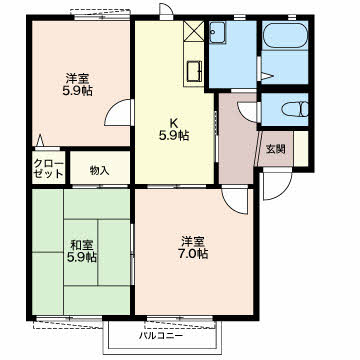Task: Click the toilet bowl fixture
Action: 295,109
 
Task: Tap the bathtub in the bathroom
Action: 285,36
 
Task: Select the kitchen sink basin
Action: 194,72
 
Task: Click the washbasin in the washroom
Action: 218,32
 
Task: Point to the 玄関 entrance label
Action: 275,149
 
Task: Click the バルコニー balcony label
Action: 161,335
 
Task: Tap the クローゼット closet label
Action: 49,169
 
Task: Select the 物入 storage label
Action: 99,171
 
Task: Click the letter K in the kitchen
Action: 173,123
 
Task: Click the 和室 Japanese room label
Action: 82,245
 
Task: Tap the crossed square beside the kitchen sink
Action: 194,31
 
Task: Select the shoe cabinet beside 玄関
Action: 301,148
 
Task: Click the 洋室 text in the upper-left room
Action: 77,79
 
